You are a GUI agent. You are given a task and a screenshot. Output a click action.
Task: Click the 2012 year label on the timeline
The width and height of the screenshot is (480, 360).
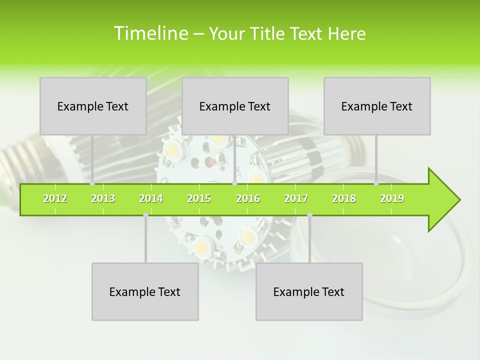pyautogui.click(x=55, y=198)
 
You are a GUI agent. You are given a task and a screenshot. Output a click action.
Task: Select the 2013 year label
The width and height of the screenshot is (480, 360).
pyautogui.click(x=103, y=198)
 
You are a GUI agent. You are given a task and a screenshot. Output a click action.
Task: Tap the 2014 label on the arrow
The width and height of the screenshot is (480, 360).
pyautogui.click(x=151, y=198)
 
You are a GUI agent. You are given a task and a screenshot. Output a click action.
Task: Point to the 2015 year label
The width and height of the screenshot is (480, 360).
pyautogui.click(x=199, y=198)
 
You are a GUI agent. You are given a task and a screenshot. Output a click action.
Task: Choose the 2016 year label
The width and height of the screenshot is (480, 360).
pyautogui.click(x=248, y=198)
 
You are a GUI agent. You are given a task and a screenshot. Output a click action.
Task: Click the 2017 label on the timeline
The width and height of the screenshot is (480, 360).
pyautogui.click(x=296, y=198)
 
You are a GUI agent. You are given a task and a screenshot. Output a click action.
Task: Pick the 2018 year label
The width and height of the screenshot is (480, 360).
pyautogui.click(x=344, y=198)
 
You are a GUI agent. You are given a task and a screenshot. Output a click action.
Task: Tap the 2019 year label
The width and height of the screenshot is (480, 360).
pyautogui.click(x=392, y=198)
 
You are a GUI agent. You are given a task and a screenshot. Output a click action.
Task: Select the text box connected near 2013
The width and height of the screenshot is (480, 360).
pyautogui.click(x=93, y=106)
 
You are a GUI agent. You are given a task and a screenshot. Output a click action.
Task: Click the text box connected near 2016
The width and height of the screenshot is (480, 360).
pyautogui.click(x=235, y=106)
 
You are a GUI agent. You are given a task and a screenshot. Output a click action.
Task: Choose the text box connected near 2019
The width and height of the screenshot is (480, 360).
pyautogui.click(x=377, y=106)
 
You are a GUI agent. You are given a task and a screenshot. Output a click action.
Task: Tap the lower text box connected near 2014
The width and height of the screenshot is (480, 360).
pyautogui.click(x=145, y=291)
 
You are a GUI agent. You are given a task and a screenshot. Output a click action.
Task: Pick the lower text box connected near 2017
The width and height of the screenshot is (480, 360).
pyautogui.click(x=309, y=291)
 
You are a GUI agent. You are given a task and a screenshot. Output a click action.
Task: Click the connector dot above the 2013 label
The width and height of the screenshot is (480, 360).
pyautogui.click(x=92, y=183)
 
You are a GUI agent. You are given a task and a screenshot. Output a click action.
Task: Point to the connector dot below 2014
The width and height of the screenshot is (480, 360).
pyautogui.click(x=145, y=215)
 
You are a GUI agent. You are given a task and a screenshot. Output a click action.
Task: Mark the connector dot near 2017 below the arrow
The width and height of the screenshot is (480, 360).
pyautogui.click(x=309, y=215)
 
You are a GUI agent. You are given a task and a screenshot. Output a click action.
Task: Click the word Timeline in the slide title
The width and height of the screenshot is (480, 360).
pyautogui.click(x=149, y=33)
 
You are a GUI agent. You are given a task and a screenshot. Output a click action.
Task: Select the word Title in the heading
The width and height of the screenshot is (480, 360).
pyautogui.click(x=268, y=33)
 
